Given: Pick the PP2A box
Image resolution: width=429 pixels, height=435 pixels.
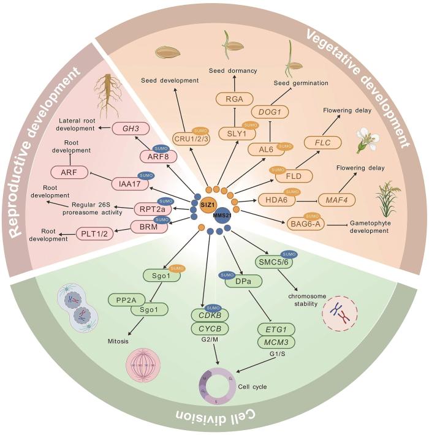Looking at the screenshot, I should tap(128, 300).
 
